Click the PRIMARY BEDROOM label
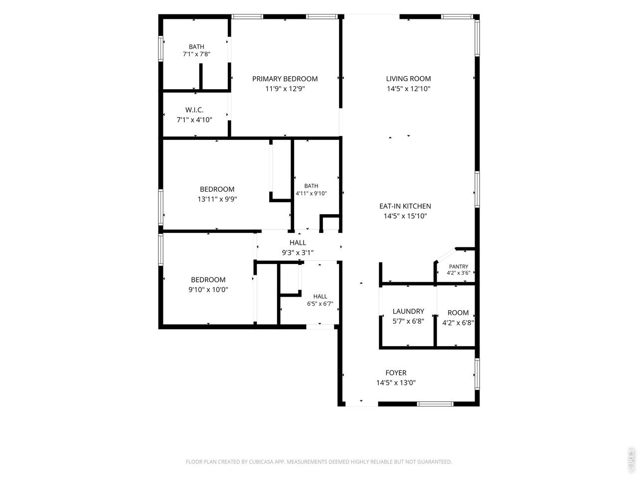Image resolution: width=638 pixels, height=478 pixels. (285, 79)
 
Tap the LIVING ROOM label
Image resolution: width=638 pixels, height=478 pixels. (408, 79)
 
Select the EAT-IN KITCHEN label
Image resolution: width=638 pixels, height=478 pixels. (405, 206)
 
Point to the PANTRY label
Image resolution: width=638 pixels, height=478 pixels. (459, 266)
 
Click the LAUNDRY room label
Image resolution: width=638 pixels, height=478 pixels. (408, 311)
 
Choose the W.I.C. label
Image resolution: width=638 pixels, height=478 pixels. (194, 110)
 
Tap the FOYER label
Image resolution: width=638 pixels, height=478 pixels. (396, 372)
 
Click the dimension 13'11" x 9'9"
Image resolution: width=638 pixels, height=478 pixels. (217, 199)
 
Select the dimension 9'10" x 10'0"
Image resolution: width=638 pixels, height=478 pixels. (208, 289)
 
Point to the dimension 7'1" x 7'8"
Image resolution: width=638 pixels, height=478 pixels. (196, 54)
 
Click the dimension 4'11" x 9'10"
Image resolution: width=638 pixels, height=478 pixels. (311, 193)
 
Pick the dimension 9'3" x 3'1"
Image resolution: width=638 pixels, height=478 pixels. (298, 252)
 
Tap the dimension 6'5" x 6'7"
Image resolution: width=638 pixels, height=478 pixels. (320, 304)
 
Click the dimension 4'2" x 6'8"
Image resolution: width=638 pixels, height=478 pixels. (458, 323)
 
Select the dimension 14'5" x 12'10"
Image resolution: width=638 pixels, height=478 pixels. (408, 89)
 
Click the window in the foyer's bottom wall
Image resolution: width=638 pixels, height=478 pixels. (435, 404)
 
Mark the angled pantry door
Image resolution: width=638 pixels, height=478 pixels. (446, 254)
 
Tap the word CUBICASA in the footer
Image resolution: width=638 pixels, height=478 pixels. (262, 462)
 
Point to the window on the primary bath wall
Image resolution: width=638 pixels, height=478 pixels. (160, 48)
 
